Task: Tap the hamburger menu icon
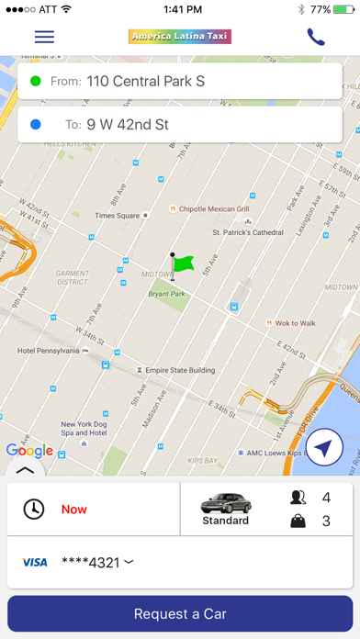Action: pos(44,38)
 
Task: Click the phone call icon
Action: pos(316,38)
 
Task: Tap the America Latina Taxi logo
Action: pos(180,38)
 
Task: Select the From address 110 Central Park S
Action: pos(145,81)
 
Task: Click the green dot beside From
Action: pos(36,81)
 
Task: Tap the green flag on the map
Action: pos(182,263)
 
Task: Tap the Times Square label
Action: pos(117,216)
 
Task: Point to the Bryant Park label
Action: pos(167,295)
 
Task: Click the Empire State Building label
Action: pos(180,371)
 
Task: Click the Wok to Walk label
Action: pos(295,323)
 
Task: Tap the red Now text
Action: pos(74,509)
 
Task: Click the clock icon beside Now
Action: pos(34,509)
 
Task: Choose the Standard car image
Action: pos(225,503)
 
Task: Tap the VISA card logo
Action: pos(34,562)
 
